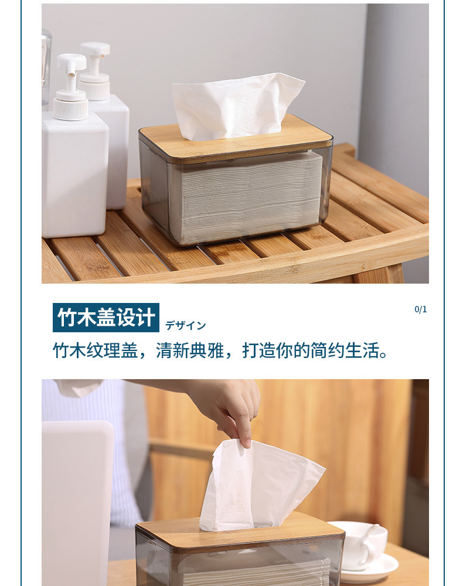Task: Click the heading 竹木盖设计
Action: click(105, 317)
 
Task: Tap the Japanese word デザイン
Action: click(185, 325)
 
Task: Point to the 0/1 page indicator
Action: click(420, 309)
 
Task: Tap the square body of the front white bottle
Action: click(74, 176)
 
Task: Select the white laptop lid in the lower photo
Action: click(76, 498)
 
